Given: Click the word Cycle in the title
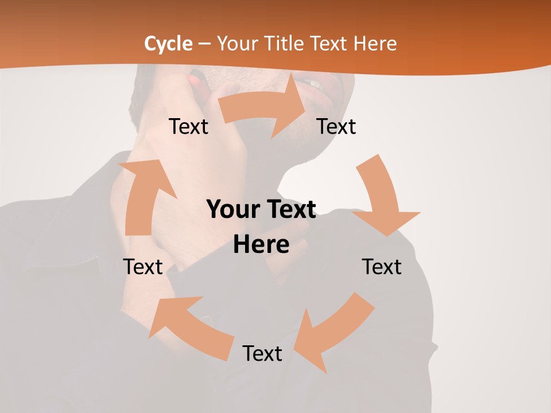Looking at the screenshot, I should (x=168, y=44).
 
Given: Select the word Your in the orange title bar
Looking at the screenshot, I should (x=236, y=44).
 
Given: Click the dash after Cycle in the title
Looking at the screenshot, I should (x=204, y=44).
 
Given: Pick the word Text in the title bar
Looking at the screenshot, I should (x=331, y=44).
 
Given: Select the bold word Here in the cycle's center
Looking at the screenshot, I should (x=261, y=244).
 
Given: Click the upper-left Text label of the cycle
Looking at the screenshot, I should (x=189, y=126).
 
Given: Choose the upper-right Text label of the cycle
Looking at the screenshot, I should (x=336, y=126).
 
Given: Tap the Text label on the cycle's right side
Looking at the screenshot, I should (x=382, y=267).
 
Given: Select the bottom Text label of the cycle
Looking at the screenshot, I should (x=262, y=353).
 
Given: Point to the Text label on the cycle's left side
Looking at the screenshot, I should (x=143, y=267).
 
